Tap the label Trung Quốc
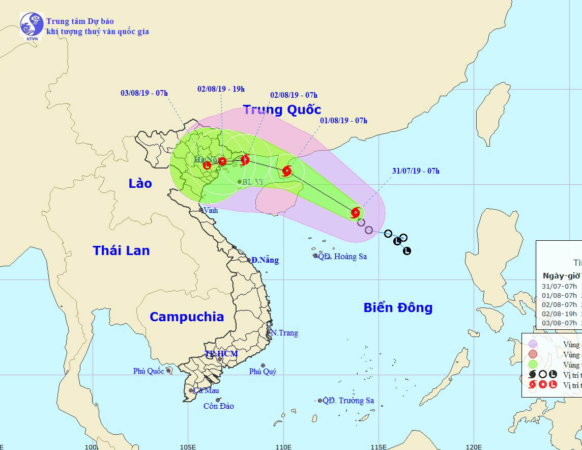click(x=281, y=109)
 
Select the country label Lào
click(x=140, y=183)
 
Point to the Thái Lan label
click(x=121, y=250)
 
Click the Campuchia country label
click(x=186, y=317)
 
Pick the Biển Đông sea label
click(x=398, y=307)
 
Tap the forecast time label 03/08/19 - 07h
click(x=144, y=93)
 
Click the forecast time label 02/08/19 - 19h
click(x=221, y=89)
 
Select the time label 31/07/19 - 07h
click(x=416, y=171)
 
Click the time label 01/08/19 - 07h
click(x=343, y=121)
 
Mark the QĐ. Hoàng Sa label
click(x=342, y=257)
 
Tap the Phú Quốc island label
click(x=149, y=371)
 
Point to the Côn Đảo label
click(x=218, y=406)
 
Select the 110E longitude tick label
click(x=283, y=446)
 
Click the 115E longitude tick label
click(x=378, y=446)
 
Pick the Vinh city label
click(x=211, y=210)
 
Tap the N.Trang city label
click(x=284, y=333)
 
